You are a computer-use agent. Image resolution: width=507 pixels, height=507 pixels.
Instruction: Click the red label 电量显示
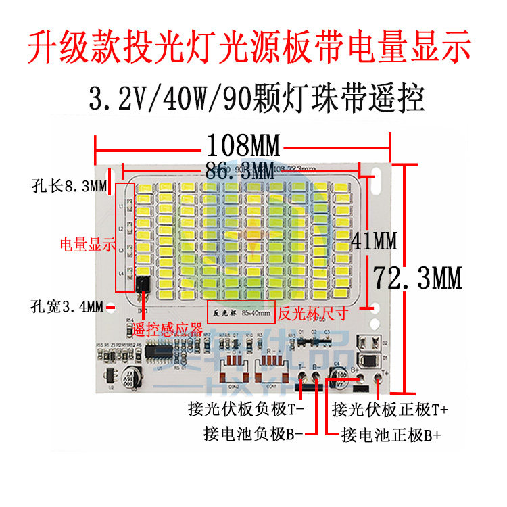coord(87,245)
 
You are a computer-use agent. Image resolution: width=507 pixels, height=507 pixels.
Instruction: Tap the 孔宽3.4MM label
coord(67,307)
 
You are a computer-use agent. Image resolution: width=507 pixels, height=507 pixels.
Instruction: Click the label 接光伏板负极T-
coord(246,409)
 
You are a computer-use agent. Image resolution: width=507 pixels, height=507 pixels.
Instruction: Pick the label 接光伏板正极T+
coord(391,409)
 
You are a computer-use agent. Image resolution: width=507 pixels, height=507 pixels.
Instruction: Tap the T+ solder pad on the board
coord(378,379)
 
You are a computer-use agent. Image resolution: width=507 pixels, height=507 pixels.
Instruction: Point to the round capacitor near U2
coord(129,378)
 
